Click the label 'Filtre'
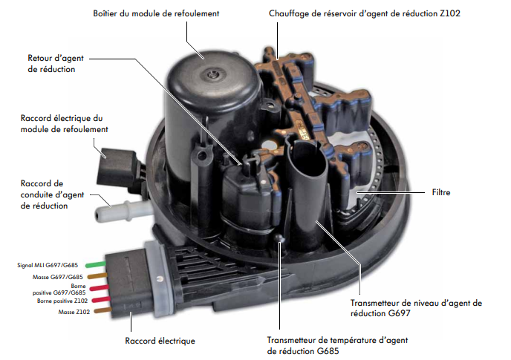pyautogui.click(x=441, y=192)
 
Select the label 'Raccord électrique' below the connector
pyautogui.click(x=160, y=341)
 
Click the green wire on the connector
pyautogui.click(x=95, y=264)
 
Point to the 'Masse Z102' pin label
pyautogui.click(x=74, y=312)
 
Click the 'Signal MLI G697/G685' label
pyautogui.click(x=48, y=265)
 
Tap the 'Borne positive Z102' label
pyautogui.click(x=62, y=301)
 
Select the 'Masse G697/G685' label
pyautogui.click(x=58, y=277)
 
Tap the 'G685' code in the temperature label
pyautogui.click(x=328, y=351)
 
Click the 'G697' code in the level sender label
pyautogui.click(x=399, y=313)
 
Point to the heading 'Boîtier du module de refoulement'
pyautogui.click(x=156, y=13)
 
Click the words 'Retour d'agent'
pyautogui.click(x=56, y=58)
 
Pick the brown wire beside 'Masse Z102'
pyautogui.click(x=102, y=310)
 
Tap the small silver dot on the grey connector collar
pyautogui.click(x=159, y=279)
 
